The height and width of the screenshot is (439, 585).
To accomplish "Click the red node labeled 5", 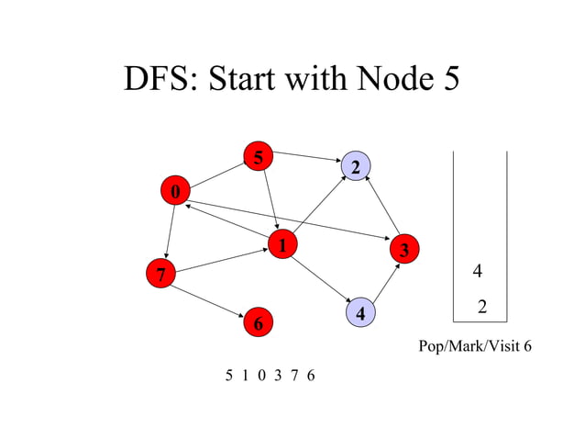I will [259, 157].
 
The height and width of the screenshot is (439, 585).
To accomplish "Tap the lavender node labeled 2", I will [355, 166].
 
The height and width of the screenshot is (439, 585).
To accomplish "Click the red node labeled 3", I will [403, 249].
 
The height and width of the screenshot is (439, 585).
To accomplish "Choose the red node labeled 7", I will [160, 274].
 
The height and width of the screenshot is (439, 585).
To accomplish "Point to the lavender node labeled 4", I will [362, 313].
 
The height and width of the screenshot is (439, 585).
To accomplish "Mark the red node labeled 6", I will [258, 323].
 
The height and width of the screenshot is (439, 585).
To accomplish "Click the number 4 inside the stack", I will [477, 271].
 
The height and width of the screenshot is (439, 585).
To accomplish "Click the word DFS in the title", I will [159, 80].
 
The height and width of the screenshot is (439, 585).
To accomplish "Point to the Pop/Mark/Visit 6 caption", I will [474, 347].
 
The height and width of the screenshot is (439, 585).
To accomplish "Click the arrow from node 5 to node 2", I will [307, 159].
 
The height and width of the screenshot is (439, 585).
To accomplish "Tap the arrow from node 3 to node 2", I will [381, 206].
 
